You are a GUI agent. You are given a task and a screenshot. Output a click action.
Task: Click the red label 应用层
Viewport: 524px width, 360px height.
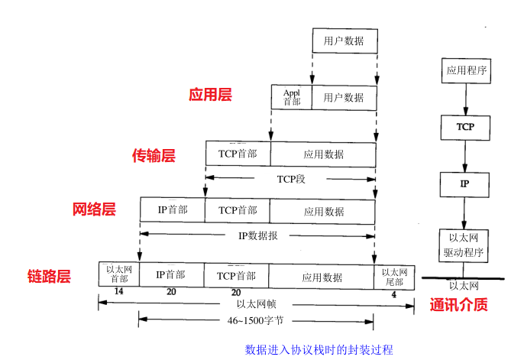point(210,95)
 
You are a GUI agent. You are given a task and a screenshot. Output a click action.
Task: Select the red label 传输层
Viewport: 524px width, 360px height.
point(154,156)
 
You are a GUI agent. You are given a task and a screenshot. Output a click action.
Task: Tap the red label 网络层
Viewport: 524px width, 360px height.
point(94,209)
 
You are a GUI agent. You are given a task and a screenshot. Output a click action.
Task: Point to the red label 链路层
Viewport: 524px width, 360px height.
point(49,276)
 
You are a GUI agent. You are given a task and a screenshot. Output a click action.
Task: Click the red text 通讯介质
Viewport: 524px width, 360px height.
point(459,304)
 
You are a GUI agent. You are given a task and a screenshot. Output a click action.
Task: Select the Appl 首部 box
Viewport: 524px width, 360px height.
point(292,97)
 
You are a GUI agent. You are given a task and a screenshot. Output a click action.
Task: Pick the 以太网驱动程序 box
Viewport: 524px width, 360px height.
point(465,245)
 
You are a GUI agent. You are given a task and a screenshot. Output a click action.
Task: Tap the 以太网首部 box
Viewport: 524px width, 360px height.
point(118,274)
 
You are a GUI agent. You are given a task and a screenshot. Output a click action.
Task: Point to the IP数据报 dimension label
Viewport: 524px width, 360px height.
point(257,235)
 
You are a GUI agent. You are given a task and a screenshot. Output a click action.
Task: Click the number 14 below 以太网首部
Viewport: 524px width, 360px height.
point(118,292)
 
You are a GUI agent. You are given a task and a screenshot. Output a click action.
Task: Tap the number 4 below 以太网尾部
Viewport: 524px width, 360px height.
point(393,293)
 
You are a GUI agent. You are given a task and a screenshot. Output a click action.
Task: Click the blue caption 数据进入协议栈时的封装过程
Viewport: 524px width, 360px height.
point(319,350)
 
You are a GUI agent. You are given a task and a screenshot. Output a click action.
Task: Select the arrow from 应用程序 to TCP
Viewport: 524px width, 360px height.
point(465,99)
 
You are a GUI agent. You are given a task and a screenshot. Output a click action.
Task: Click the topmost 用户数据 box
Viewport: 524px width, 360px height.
point(344,41)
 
